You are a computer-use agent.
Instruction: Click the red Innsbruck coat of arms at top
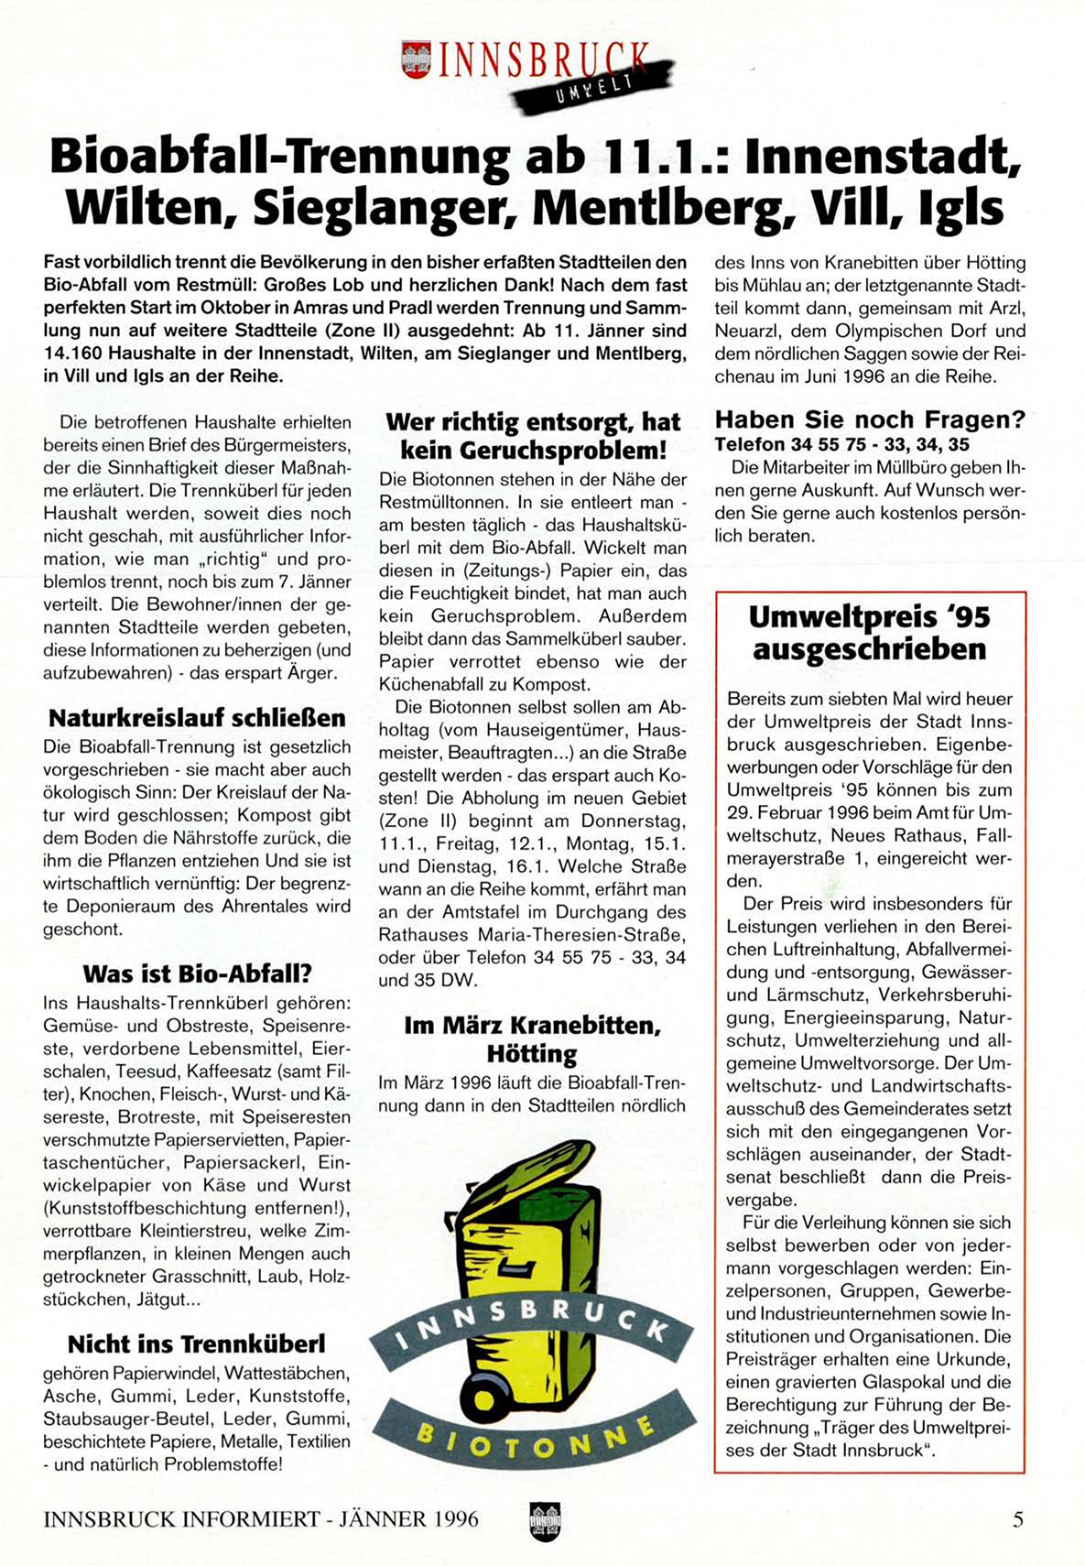point(416,60)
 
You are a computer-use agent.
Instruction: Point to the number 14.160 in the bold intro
point(72,353)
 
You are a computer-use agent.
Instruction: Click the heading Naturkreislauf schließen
point(197,718)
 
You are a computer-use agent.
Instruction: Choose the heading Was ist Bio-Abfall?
point(197,973)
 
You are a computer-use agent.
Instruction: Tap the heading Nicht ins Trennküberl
point(196,1343)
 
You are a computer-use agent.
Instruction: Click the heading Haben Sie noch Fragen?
point(870,419)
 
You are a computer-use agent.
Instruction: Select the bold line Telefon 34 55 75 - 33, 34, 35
point(841,444)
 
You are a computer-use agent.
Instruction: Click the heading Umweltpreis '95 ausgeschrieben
point(869,633)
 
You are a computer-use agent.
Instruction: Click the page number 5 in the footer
point(1017,1519)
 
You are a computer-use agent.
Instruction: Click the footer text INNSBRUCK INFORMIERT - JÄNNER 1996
point(261,1519)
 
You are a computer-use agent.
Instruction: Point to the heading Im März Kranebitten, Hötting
point(532,1039)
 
